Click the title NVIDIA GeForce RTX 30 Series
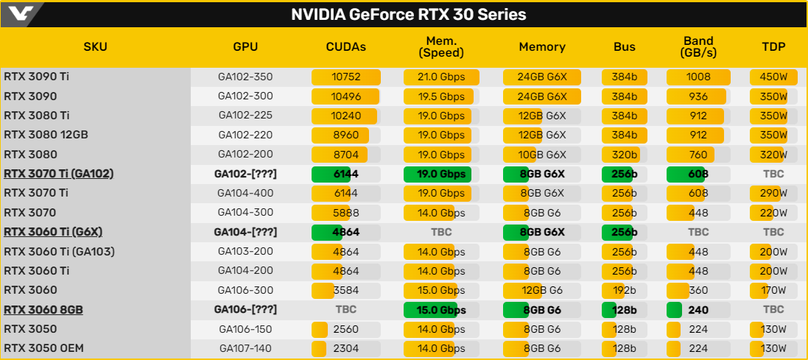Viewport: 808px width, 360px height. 409,15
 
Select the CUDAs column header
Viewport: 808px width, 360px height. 345,47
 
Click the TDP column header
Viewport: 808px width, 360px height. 773,47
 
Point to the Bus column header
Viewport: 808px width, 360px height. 625,47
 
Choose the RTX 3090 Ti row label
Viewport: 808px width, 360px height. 36,77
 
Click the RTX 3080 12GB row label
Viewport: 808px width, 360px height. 46,135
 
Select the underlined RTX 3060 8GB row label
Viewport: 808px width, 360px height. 43,310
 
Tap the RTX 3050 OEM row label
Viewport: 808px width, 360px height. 43,349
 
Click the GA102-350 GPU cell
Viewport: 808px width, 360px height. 245,77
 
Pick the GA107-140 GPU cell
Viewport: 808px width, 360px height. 245,349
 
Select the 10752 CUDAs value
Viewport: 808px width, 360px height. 345,77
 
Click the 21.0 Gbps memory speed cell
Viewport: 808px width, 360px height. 442,77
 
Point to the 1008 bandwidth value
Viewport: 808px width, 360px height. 698,77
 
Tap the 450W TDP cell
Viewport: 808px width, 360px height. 773,77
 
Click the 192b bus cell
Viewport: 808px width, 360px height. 625,291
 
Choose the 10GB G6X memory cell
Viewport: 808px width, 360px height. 542,155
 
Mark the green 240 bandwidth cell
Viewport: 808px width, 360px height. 698,310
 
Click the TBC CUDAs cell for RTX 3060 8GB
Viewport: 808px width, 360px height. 345,310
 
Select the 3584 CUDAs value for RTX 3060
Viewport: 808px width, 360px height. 345,291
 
